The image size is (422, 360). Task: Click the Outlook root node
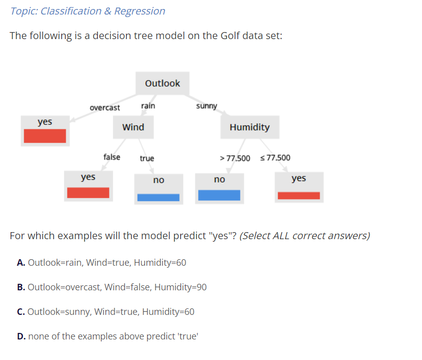(162, 83)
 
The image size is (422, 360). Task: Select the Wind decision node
(133, 127)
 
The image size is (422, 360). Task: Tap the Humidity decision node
(249, 127)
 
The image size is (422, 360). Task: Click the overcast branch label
(104, 108)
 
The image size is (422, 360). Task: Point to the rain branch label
(148, 106)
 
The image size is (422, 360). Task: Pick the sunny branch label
(206, 106)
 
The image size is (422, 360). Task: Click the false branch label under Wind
(111, 157)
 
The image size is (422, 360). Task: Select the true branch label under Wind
(147, 158)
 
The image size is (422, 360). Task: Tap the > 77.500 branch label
(235, 158)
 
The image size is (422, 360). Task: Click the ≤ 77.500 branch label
(275, 158)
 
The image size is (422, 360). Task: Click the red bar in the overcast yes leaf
(45, 136)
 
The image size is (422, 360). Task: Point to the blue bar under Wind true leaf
(158, 197)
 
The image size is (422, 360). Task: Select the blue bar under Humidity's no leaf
(219, 195)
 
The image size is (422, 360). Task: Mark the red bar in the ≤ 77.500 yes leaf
(299, 196)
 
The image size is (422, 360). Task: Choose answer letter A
(21, 263)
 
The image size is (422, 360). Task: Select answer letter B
(21, 287)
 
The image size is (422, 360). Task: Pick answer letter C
(21, 312)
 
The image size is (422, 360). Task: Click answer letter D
(21, 336)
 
